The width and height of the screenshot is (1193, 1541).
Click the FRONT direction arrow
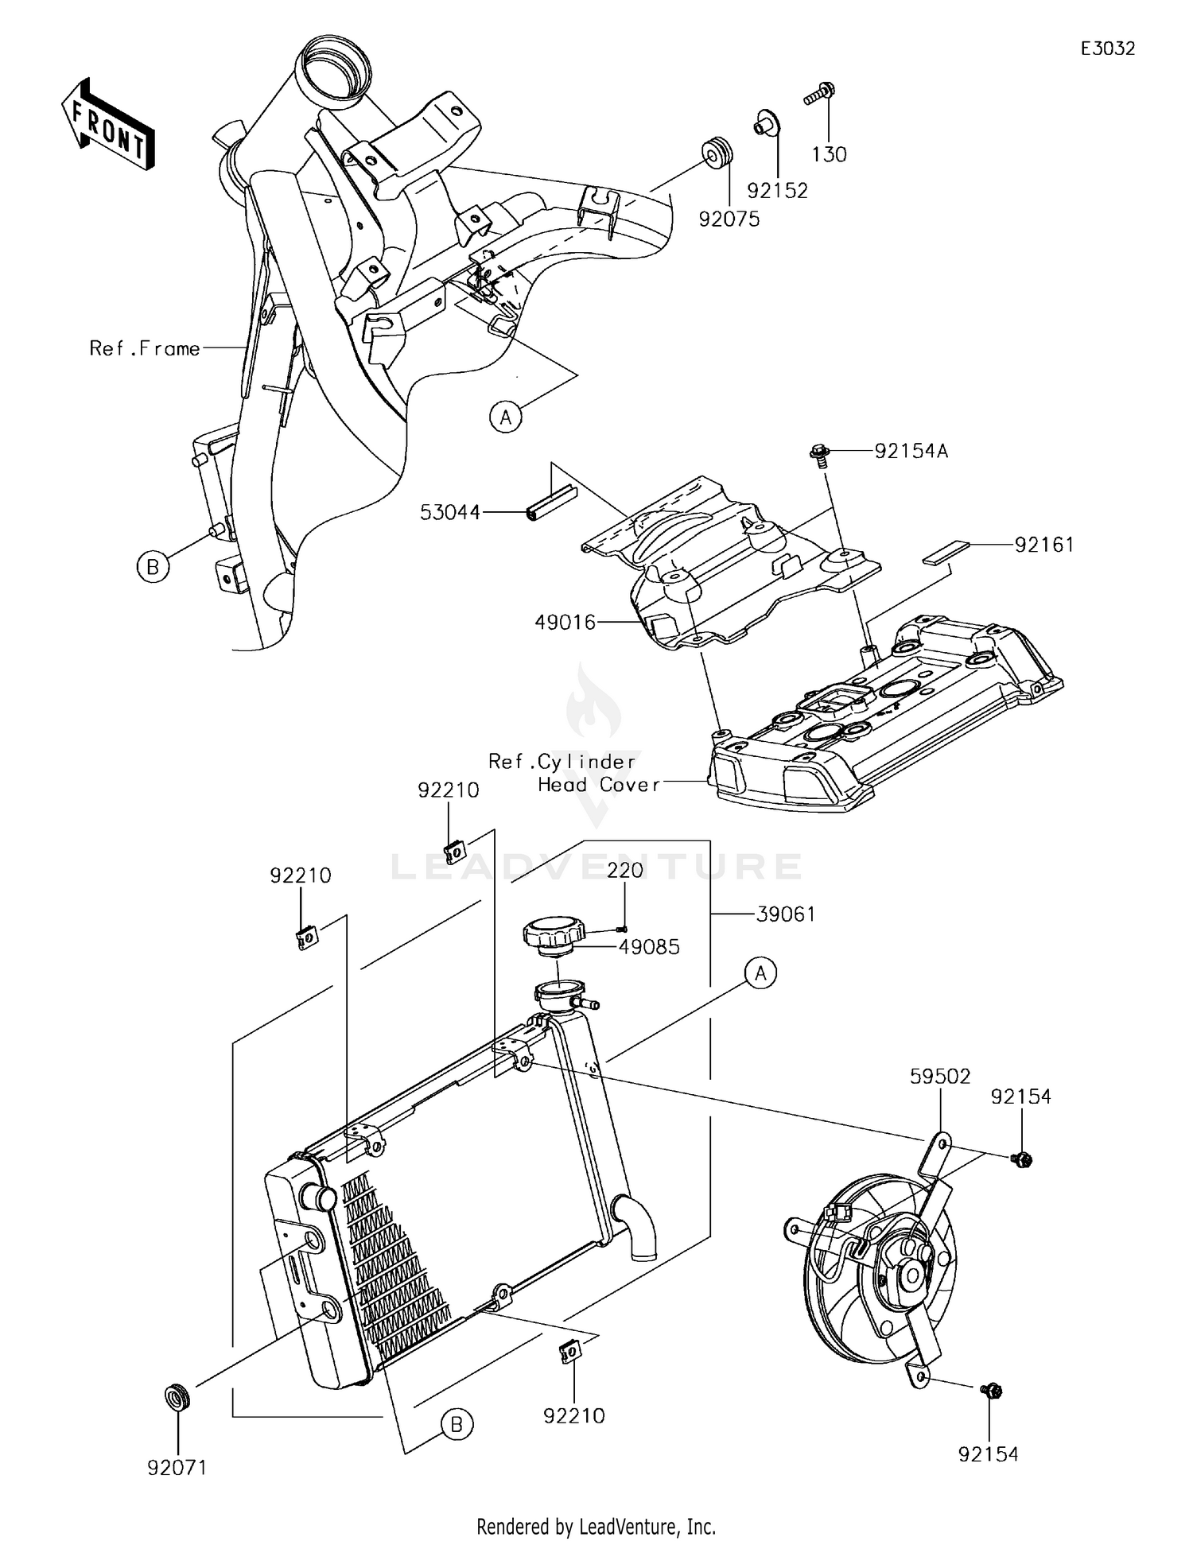coord(107,124)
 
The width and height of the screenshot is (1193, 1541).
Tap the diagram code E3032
coord(1107,49)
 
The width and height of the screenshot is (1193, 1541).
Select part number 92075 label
coord(729,219)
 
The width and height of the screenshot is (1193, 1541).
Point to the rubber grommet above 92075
coord(717,153)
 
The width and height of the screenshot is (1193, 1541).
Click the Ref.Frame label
coord(145,348)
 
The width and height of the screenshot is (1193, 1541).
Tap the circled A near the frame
coord(506,417)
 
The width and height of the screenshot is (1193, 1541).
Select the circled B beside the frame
coord(153,567)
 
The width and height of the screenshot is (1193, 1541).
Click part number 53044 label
coord(450,513)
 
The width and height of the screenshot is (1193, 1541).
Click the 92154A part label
coord(911,452)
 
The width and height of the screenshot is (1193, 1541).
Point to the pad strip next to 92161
coord(946,553)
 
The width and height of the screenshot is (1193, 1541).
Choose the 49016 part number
coord(565,623)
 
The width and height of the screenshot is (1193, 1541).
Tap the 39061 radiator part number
coord(786,914)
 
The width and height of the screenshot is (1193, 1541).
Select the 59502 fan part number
coord(940,1077)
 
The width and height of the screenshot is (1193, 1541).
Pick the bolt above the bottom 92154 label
coord(991,1391)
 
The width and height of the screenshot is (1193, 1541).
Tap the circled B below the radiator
coord(457,1424)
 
